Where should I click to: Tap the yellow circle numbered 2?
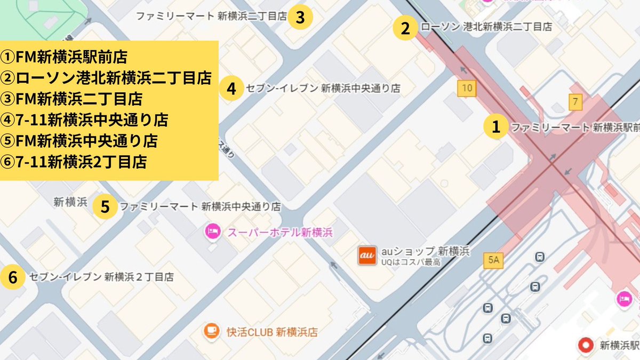pos(406,28)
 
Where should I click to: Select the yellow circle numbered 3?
pos(300,17)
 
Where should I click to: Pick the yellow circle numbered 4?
pos(231,88)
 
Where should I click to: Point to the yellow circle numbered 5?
pos(106,206)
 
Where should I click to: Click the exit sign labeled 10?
pos(467,89)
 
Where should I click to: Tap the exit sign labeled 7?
pos(574,101)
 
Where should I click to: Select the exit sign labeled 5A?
pos(493,260)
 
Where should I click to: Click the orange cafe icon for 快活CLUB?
pos(212,331)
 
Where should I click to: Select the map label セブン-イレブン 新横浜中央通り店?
pos(323,89)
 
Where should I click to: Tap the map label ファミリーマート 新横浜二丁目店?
pos(211,17)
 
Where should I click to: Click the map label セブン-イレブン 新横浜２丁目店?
pos(102,277)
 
